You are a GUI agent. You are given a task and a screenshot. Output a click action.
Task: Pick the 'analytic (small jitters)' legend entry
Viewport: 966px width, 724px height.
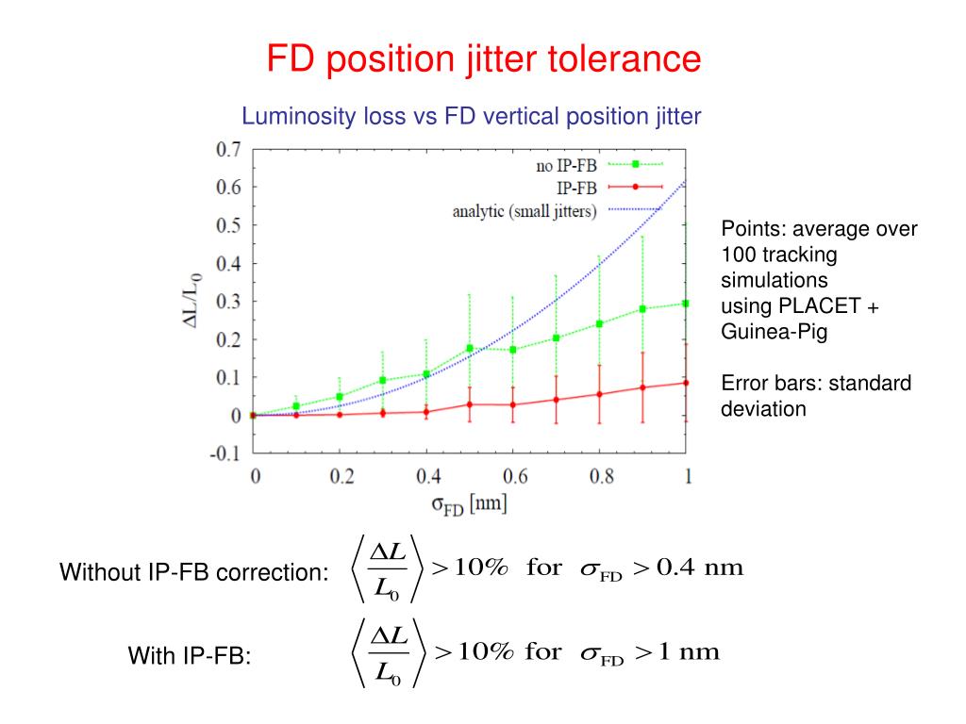coord(525,211)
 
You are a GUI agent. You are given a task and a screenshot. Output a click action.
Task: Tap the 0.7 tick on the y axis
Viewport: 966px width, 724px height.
coord(228,149)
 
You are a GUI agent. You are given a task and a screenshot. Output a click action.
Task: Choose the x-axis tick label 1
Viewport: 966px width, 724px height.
coord(688,477)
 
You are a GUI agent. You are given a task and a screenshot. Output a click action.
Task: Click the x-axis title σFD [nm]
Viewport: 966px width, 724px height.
coord(469,504)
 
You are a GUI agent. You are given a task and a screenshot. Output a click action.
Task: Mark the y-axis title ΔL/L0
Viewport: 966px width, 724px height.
coord(194,300)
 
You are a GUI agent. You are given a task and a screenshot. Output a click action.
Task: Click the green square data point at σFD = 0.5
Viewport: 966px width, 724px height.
coord(470,349)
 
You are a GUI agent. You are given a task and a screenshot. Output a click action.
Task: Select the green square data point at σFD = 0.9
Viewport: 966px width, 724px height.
coord(643,309)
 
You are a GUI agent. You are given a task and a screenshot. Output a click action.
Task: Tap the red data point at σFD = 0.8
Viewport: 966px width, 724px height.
coord(600,394)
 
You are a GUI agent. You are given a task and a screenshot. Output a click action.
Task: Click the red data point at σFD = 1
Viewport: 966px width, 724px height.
coord(686,383)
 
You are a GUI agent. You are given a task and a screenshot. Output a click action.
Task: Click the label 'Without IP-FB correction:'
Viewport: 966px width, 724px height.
coord(194,572)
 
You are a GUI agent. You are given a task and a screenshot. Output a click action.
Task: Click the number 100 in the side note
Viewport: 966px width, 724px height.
coord(738,255)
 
